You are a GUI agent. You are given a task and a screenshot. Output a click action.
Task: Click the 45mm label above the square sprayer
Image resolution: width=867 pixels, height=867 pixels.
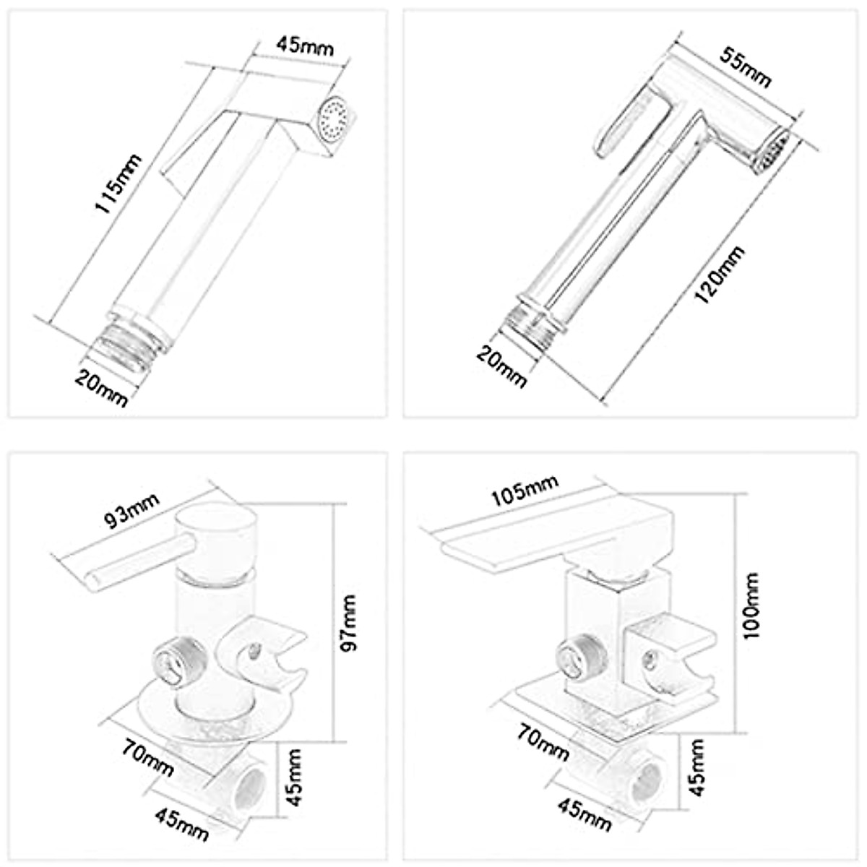click(x=306, y=48)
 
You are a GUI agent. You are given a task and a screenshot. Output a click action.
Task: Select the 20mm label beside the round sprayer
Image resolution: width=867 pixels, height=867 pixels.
click(x=502, y=366)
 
